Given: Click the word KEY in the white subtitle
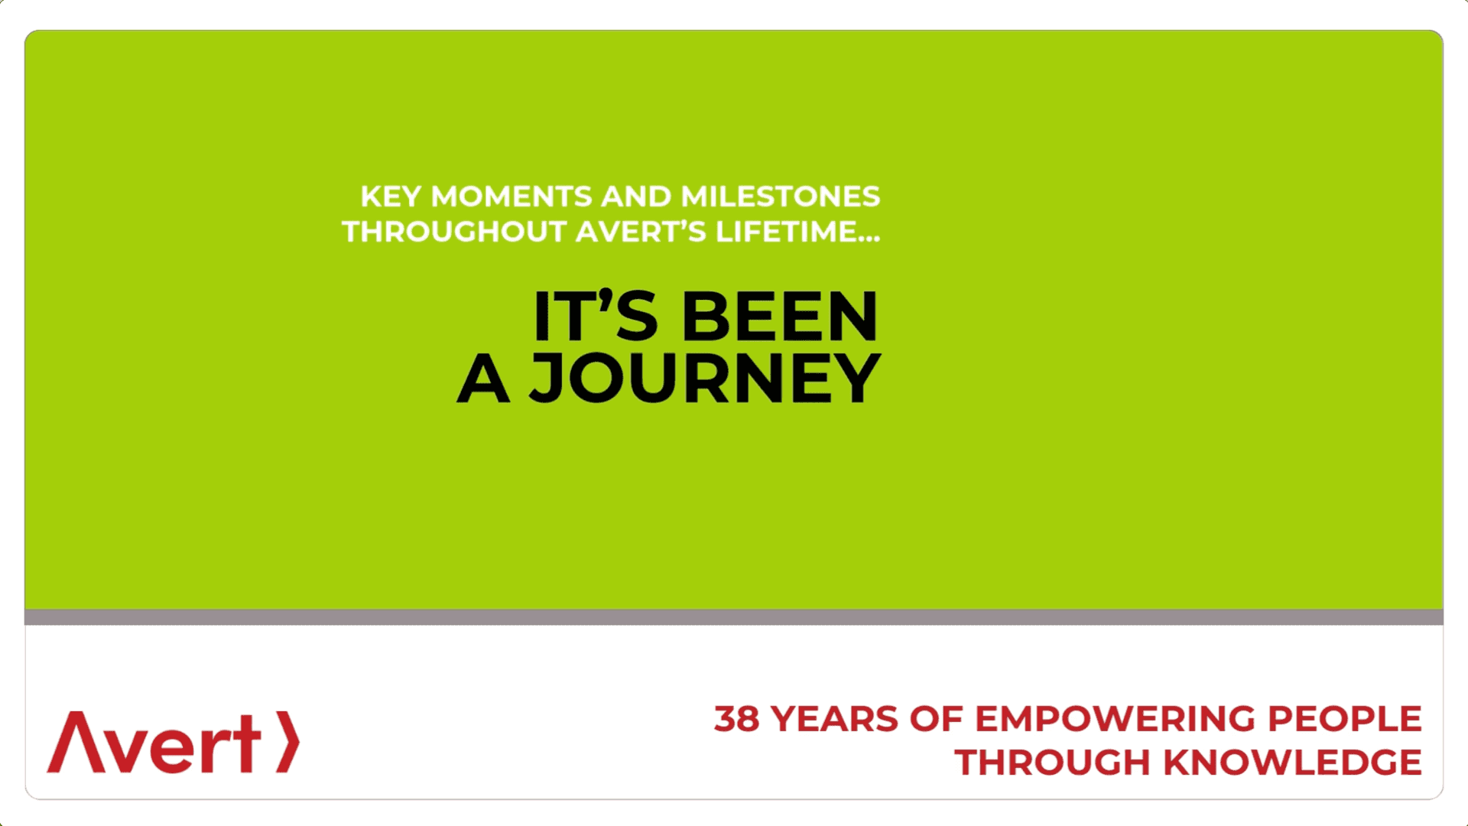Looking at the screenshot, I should pyautogui.click(x=390, y=197).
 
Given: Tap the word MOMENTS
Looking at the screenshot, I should pyautogui.click(x=511, y=197).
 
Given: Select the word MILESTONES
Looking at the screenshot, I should pyautogui.click(x=780, y=197).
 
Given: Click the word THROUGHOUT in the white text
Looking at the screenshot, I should pyautogui.click(x=453, y=232).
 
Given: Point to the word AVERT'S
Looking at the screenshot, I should pyautogui.click(x=641, y=232).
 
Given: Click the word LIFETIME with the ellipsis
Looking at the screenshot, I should pyautogui.click(x=797, y=232).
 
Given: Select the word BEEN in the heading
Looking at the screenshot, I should pyautogui.click(x=779, y=317).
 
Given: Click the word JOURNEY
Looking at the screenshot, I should pyautogui.click(x=705, y=378).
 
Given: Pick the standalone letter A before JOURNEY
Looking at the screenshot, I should pyautogui.click(x=482, y=378).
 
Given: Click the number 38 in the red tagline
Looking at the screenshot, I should pyautogui.click(x=736, y=720).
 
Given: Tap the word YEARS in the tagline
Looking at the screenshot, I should pyautogui.click(x=834, y=720).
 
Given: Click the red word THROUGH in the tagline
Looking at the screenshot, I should pyautogui.click(x=1052, y=763).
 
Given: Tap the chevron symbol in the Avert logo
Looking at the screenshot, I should pyautogui.click(x=287, y=742).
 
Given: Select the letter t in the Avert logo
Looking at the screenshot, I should pyautogui.click(x=247, y=743).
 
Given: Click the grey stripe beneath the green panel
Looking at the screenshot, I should pyautogui.click(x=734, y=617).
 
